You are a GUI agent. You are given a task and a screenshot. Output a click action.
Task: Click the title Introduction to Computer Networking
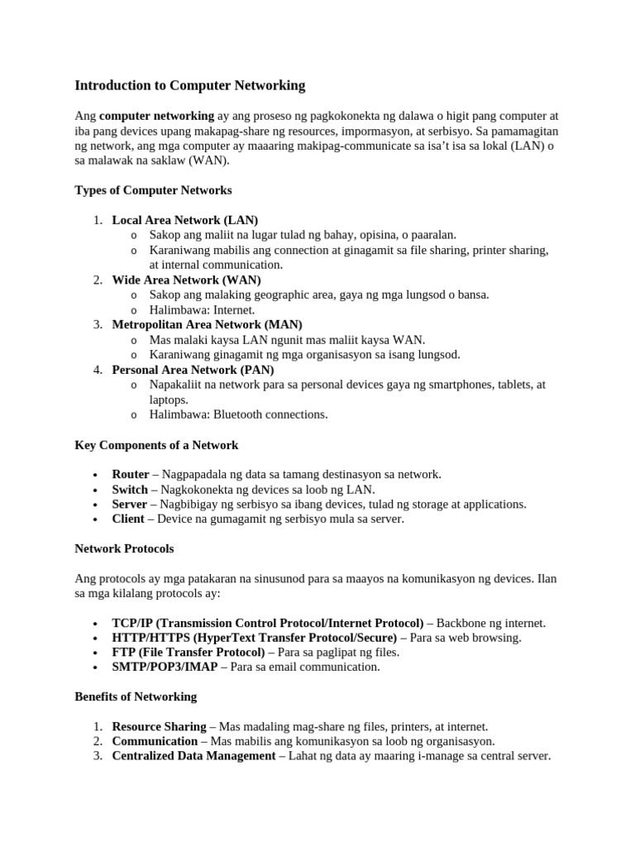coord(190,85)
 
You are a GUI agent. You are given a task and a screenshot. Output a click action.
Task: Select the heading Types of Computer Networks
coord(153,190)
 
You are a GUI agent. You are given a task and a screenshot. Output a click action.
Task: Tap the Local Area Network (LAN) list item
coord(185,220)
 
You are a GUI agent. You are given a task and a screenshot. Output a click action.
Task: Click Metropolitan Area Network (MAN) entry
coord(207,324)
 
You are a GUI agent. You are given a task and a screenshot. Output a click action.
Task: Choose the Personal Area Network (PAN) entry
coord(193,370)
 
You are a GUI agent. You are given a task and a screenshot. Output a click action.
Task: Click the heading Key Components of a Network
coord(156,445)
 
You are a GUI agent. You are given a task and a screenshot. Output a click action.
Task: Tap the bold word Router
coord(131,475)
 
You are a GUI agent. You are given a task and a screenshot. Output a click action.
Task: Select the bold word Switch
coord(130,490)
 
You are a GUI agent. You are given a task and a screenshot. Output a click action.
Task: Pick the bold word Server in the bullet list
coord(129,505)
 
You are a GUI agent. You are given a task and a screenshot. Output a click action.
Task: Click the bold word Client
coord(128,519)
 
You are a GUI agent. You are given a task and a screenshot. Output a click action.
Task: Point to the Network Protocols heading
coord(124,548)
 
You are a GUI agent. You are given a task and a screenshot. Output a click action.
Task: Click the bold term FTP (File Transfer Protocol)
coord(189,652)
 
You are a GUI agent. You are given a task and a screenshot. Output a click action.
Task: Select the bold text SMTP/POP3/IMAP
coord(165,667)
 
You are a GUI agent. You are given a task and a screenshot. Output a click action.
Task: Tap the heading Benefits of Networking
coord(136,696)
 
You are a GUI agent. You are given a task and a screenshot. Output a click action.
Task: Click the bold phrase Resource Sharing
coord(159,726)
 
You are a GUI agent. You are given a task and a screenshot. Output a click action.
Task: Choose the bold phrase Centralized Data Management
coord(193,756)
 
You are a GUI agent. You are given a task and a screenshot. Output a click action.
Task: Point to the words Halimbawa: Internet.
coord(202,309)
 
